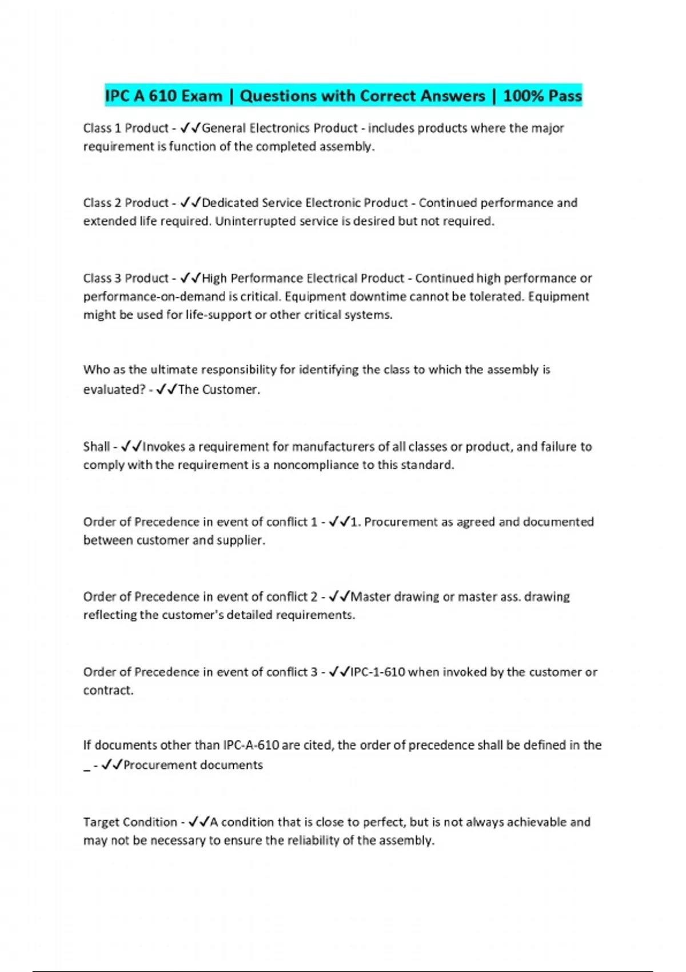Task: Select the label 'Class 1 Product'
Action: (x=126, y=128)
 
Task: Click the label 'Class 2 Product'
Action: (x=126, y=203)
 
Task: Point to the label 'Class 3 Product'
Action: (x=126, y=278)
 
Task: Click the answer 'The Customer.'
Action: (x=219, y=390)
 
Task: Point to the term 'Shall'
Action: (x=96, y=447)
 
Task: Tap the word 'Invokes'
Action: (x=163, y=447)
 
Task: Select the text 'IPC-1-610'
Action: (x=377, y=672)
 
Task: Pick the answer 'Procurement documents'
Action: (x=193, y=765)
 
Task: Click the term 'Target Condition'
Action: (x=130, y=822)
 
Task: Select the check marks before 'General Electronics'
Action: (x=190, y=128)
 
